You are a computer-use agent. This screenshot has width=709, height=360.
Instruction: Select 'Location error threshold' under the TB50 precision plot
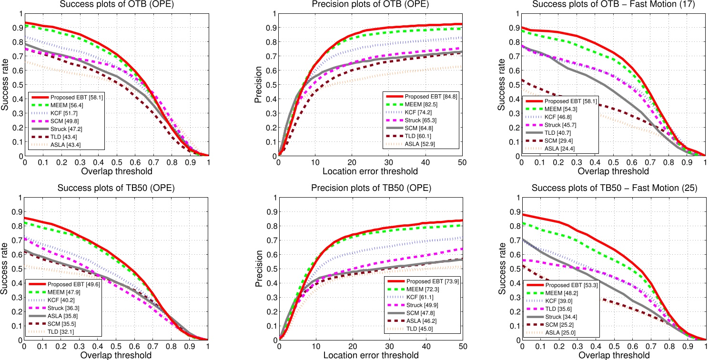point(371,355)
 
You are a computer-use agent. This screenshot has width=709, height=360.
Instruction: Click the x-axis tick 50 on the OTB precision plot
point(462,163)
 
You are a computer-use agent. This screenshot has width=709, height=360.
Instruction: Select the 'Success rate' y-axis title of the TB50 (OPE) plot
point(6,269)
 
